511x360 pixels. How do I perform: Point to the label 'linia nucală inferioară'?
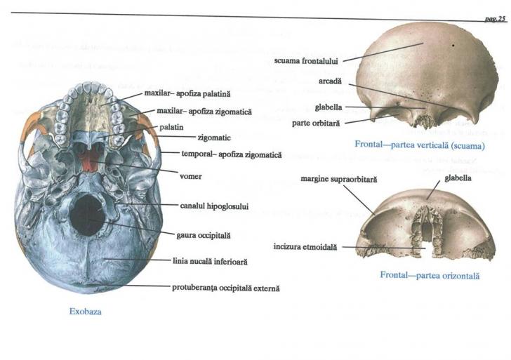pyautogui.click(x=209, y=261)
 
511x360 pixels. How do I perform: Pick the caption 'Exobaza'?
pyautogui.click(x=85, y=312)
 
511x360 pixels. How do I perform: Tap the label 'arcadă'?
pyautogui.click(x=329, y=81)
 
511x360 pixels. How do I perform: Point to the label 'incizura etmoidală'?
pyautogui.click(x=305, y=247)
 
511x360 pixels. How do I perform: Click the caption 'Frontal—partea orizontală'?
pyautogui.click(x=430, y=275)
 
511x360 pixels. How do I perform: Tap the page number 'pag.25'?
pyautogui.click(x=495, y=19)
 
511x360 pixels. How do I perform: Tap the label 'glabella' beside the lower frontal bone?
pyautogui.click(x=456, y=178)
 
